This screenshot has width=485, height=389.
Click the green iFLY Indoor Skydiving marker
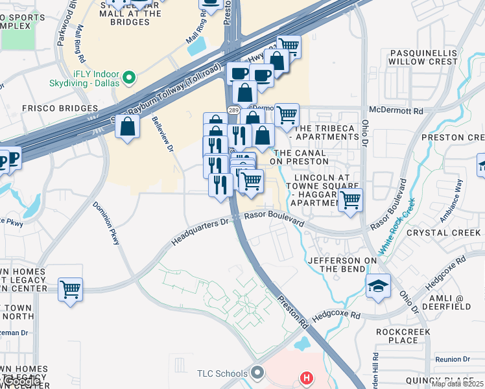coord(129,78)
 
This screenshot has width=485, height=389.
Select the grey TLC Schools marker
coord(258,373)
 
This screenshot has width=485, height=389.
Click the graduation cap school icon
coord(377,286)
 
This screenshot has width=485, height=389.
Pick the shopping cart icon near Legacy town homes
coord(70,289)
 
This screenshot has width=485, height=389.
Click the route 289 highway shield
coord(232,110)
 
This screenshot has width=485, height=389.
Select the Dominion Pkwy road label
coord(106,222)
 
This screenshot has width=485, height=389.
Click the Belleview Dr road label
coord(163,135)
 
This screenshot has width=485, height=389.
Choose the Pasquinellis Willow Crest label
coord(423,57)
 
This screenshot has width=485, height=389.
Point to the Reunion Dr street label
coord(452,359)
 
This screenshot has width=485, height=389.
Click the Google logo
coord(21,382)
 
